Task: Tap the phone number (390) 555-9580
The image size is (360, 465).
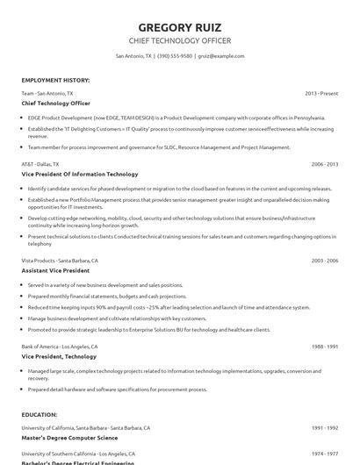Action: [176, 55]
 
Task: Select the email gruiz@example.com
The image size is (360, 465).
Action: [220, 55]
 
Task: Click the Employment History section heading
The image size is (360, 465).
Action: [55, 80]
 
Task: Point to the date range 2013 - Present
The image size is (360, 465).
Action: [321, 92]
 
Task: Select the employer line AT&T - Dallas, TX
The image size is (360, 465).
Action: [40, 163]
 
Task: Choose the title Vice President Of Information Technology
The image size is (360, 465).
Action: [80, 174]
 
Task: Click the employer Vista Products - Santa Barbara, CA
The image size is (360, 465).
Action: [60, 261]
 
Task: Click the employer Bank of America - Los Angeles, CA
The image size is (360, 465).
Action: [60, 347]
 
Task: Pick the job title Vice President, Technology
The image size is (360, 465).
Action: [58, 357]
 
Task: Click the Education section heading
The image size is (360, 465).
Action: [40, 413]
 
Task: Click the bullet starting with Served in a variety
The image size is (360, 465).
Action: [105, 284]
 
